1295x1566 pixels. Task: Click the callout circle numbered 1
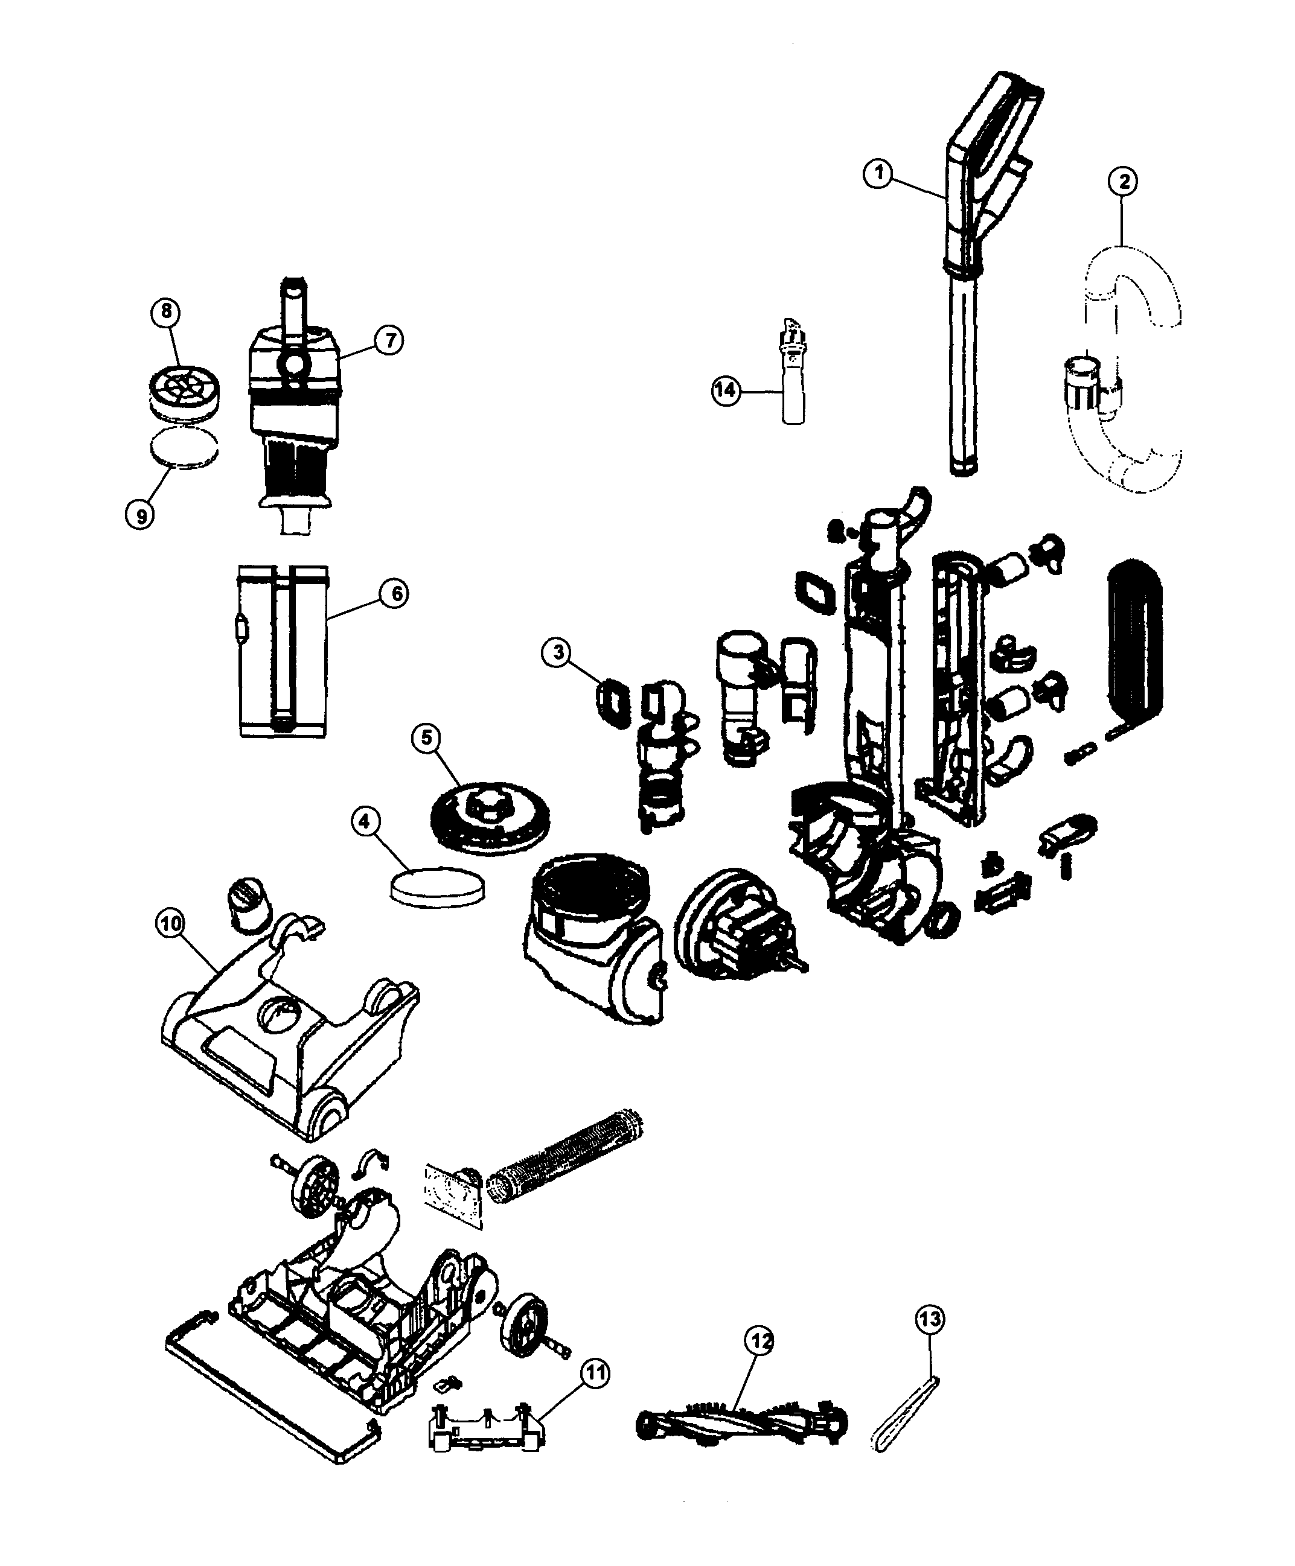click(879, 174)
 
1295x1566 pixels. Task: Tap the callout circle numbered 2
click(1123, 180)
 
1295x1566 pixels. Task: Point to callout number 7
click(389, 341)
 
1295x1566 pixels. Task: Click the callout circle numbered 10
click(171, 924)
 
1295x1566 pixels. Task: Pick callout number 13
click(930, 1319)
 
